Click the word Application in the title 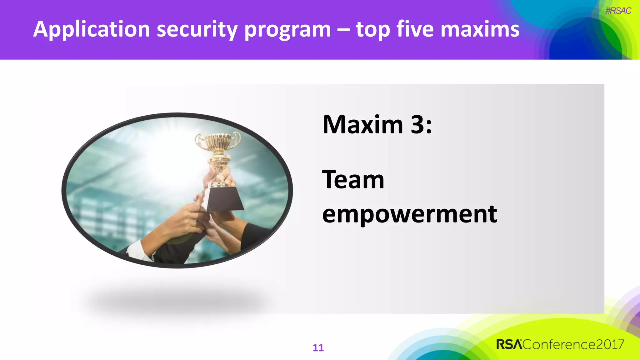[92, 30]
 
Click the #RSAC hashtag [618, 11]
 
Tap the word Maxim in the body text [363, 125]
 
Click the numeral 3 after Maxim [417, 125]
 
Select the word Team [353, 180]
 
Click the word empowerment [409, 215]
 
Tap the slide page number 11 [318, 348]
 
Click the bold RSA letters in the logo [509, 345]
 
